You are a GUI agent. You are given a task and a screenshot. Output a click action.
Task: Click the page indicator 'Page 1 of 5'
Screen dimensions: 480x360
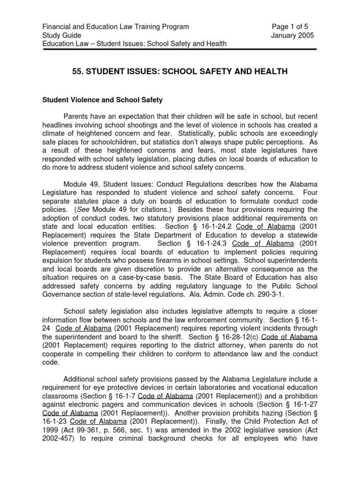point(291,27)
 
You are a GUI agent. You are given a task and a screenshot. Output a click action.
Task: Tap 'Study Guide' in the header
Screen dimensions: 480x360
point(62,35)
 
